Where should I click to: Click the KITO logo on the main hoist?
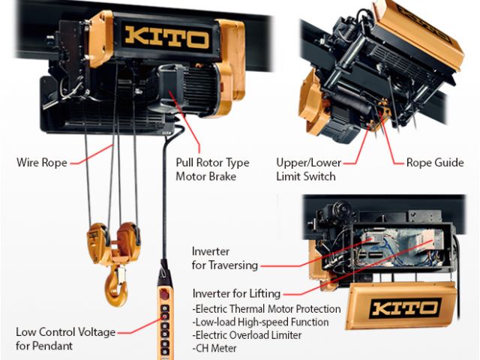[167, 38]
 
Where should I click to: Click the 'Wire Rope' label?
[42, 162]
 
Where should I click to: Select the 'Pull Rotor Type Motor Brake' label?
[212, 169]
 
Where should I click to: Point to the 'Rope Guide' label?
[435, 163]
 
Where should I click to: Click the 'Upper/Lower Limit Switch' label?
[308, 169]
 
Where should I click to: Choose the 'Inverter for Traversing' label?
[225, 258]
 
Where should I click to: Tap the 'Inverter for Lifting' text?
[236, 293]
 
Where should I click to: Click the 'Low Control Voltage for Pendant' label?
[65, 339]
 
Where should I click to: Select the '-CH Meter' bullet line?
[214, 348]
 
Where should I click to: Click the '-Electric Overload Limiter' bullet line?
[247, 335]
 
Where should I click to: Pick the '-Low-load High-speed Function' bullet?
[260, 322]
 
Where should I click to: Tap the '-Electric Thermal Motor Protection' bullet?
[266, 309]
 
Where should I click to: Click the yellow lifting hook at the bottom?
[116, 286]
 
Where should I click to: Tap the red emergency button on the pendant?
[164, 295]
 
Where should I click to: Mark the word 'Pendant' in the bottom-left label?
[52, 346]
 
